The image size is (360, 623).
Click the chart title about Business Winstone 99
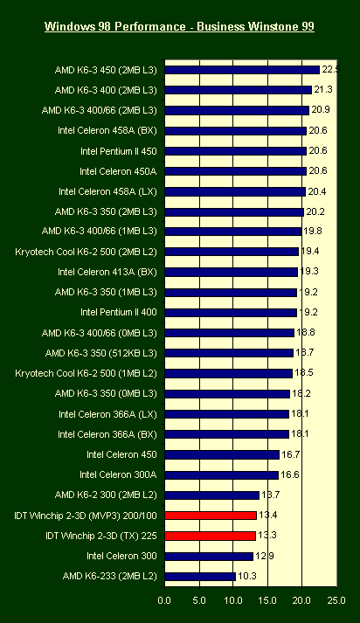179,26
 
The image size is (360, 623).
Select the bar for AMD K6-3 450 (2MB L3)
242,70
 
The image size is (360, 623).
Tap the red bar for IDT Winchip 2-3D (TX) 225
211,536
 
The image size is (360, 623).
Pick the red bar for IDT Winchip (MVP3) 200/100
211,516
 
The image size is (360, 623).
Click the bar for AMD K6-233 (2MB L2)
200,577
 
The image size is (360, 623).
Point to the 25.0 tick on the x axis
336,600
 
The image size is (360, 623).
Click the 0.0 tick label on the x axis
164,600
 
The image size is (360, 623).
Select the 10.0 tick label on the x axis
232,600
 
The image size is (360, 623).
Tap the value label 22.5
330,70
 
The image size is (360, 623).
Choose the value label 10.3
247,576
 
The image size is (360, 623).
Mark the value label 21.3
323,90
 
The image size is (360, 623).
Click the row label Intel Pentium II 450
119,151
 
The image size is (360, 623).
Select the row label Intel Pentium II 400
119,312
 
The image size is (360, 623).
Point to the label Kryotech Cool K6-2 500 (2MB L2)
86,252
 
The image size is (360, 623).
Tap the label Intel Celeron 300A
118,474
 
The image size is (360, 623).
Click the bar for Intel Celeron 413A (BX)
232,272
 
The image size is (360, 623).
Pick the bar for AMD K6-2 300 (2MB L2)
212,495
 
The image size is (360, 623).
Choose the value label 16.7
290,454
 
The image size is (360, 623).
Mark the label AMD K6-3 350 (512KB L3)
101,353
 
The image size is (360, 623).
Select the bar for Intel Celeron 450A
236,171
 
